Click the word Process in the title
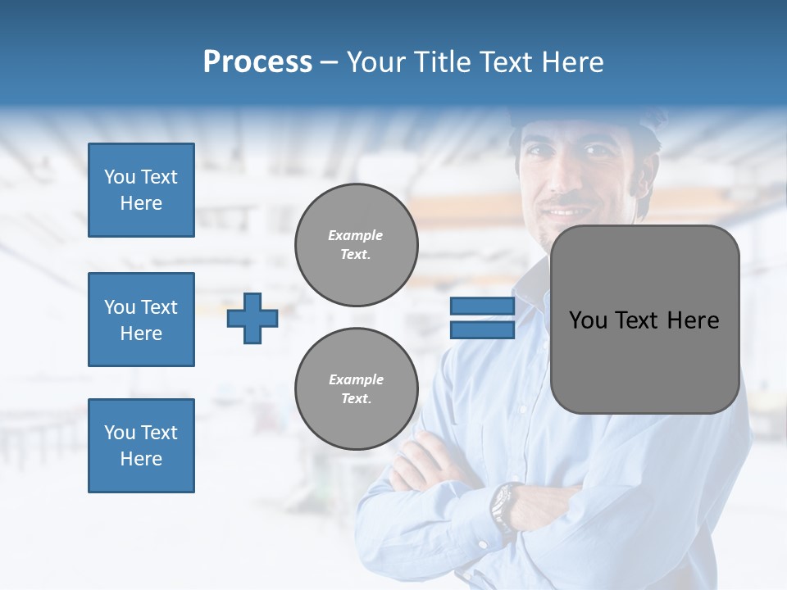click(257, 62)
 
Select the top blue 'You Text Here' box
click(141, 190)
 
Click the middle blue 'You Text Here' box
click(141, 320)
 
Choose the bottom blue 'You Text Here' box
click(141, 445)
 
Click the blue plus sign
click(252, 318)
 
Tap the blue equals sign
click(482, 318)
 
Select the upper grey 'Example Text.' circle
click(356, 245)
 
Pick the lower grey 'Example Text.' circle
click(356, 389)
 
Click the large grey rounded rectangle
click(644, 320)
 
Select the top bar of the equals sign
click(482, 306)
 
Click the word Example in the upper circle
click(356, 235)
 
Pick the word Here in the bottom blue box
click(141, 459)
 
